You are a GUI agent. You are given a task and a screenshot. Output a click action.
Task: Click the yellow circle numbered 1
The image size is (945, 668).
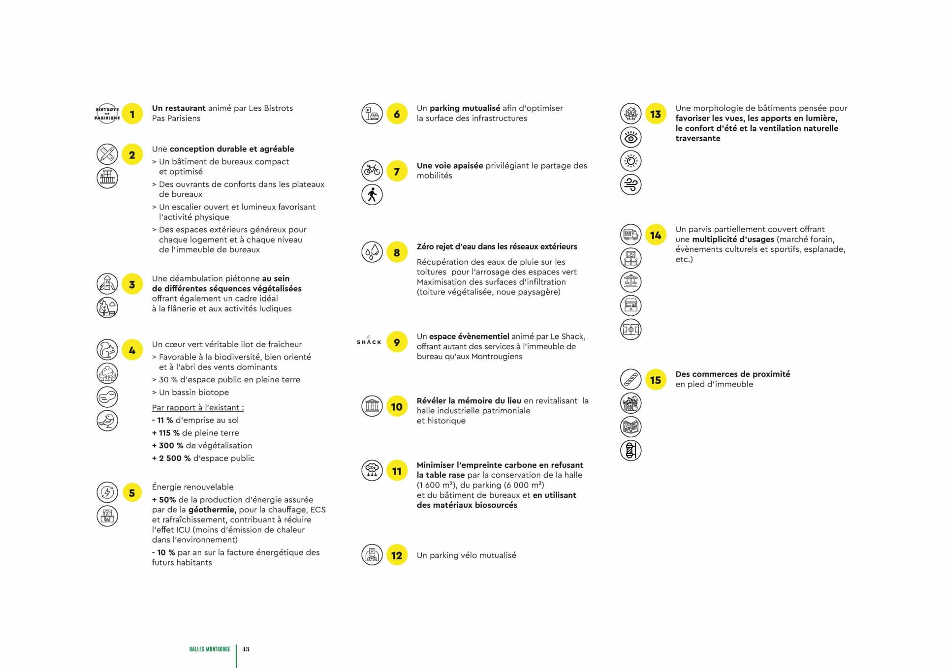[132, 114]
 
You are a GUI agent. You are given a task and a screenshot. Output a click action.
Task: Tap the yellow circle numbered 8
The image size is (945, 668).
[397, 252]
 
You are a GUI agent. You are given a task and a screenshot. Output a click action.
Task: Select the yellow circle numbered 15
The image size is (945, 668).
[655, 380]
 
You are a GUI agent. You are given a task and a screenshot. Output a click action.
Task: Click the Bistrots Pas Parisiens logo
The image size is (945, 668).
[107, 114]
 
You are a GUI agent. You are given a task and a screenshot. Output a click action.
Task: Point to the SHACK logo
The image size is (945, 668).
[369, 340]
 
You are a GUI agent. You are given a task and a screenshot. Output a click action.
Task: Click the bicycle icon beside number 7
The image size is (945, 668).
[372, 171]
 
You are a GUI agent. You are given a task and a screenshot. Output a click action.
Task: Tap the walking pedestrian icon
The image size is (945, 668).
[372, 195]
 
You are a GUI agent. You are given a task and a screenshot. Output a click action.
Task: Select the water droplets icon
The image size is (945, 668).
[372, 252]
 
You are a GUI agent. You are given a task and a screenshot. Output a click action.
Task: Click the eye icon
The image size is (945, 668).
[630, 138]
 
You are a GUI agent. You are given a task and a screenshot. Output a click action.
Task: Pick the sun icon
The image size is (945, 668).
[630, 161]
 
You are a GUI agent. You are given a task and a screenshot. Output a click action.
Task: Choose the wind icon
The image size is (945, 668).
[630, 184]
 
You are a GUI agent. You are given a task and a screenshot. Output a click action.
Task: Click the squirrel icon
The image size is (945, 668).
[107, 350]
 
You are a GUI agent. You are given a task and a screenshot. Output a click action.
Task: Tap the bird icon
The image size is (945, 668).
[107, 421]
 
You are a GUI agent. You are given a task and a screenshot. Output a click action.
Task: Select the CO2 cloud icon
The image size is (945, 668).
[372, 470]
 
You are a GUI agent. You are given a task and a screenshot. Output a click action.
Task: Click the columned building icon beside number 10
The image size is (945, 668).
[372, 406]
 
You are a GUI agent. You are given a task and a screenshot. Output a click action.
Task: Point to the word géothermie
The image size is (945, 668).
[212, 510]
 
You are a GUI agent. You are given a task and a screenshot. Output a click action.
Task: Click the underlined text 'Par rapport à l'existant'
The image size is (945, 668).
[198, 408]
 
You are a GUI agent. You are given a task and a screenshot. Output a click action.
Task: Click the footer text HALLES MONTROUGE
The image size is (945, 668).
[210, 649]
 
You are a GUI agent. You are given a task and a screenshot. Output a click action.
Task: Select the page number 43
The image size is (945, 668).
[246, 649]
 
